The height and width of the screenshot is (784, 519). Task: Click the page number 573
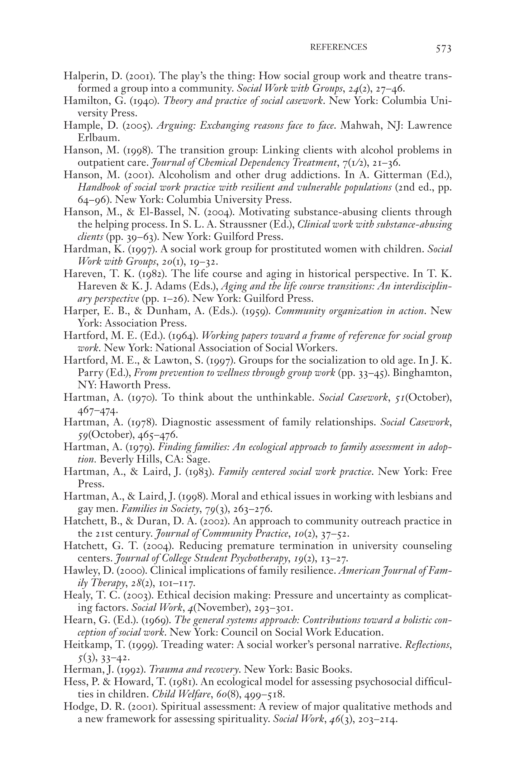[x=443, y=49]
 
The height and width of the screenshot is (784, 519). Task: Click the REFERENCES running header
[x=338, y=47]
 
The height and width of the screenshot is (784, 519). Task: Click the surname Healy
[x=75, y=596]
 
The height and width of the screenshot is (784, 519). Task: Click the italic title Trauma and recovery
[x=195, y=670]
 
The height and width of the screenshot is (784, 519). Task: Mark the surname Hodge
[x=77, y=707]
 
